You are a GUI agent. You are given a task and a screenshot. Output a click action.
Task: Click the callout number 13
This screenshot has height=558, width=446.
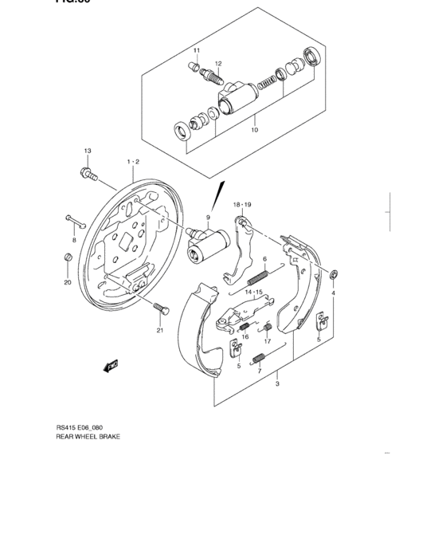88,151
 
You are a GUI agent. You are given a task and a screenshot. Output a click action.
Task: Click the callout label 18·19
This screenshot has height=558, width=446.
242,205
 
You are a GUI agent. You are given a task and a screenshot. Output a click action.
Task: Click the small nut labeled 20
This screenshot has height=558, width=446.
68,257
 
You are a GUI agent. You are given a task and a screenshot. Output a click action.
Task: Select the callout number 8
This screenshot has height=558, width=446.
74,239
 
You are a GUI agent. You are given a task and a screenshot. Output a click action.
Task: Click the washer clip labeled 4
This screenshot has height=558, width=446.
334,275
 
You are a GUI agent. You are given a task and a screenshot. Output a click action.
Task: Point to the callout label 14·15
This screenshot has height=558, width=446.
253,293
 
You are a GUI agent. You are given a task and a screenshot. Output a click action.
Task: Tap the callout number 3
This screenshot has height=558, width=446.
276,385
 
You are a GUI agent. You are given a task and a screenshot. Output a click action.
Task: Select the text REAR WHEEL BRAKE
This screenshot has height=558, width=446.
88,459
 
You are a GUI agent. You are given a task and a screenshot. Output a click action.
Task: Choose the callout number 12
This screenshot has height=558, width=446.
217,63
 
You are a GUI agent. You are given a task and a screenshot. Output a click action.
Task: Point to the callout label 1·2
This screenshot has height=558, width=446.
132,162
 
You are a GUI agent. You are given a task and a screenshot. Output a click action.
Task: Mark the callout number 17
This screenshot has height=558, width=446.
268,342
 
